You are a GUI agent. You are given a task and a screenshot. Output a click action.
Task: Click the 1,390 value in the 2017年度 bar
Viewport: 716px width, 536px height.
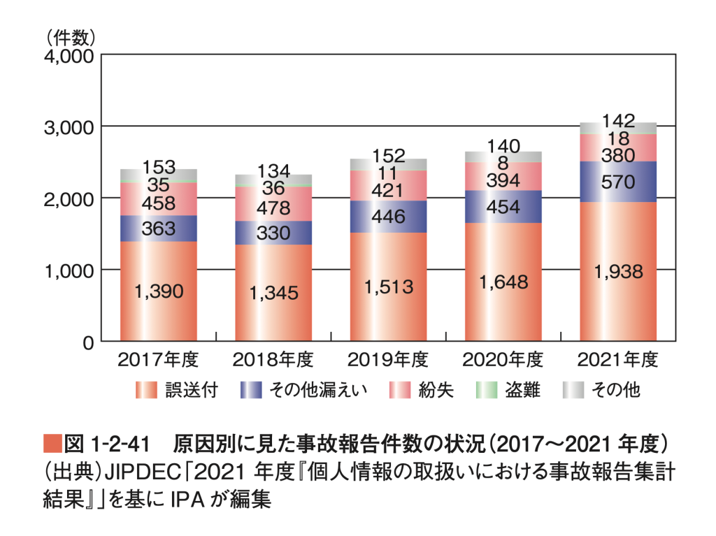(x=159, y=291)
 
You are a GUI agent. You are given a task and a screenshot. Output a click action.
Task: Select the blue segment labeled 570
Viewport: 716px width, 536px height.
(x=618, y=182)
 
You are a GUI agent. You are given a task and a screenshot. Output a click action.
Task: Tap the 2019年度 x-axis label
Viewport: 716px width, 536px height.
(x=387, y=360)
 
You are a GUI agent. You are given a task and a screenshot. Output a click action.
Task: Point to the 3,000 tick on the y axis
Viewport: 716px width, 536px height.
(x=69, y=127)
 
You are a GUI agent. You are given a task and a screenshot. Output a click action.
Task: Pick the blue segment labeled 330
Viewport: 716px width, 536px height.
(x=273, y=233)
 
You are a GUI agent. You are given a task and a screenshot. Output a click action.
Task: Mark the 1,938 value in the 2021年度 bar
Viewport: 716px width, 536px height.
(x=618, y=272)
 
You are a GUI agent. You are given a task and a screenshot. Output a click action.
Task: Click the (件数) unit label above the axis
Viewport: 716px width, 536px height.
(x=70, y=38)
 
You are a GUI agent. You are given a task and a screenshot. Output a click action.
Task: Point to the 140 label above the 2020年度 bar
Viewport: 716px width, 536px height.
(x=503, y=146)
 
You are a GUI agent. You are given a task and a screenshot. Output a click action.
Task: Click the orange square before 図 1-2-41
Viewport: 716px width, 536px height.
(x=52, y=443)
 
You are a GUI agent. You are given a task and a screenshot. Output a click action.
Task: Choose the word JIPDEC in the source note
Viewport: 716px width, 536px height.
(x=143, y=472)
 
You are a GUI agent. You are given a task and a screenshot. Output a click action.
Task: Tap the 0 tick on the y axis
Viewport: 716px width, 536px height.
(x=88, y=343)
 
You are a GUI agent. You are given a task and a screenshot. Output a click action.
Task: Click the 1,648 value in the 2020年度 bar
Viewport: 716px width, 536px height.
(x=503, y=282)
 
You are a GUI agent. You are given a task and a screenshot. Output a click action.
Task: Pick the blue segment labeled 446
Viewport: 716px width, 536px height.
(x=389, y=217)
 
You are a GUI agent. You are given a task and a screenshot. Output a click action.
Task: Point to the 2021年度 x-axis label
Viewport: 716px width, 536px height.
(x=617, y=360)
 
